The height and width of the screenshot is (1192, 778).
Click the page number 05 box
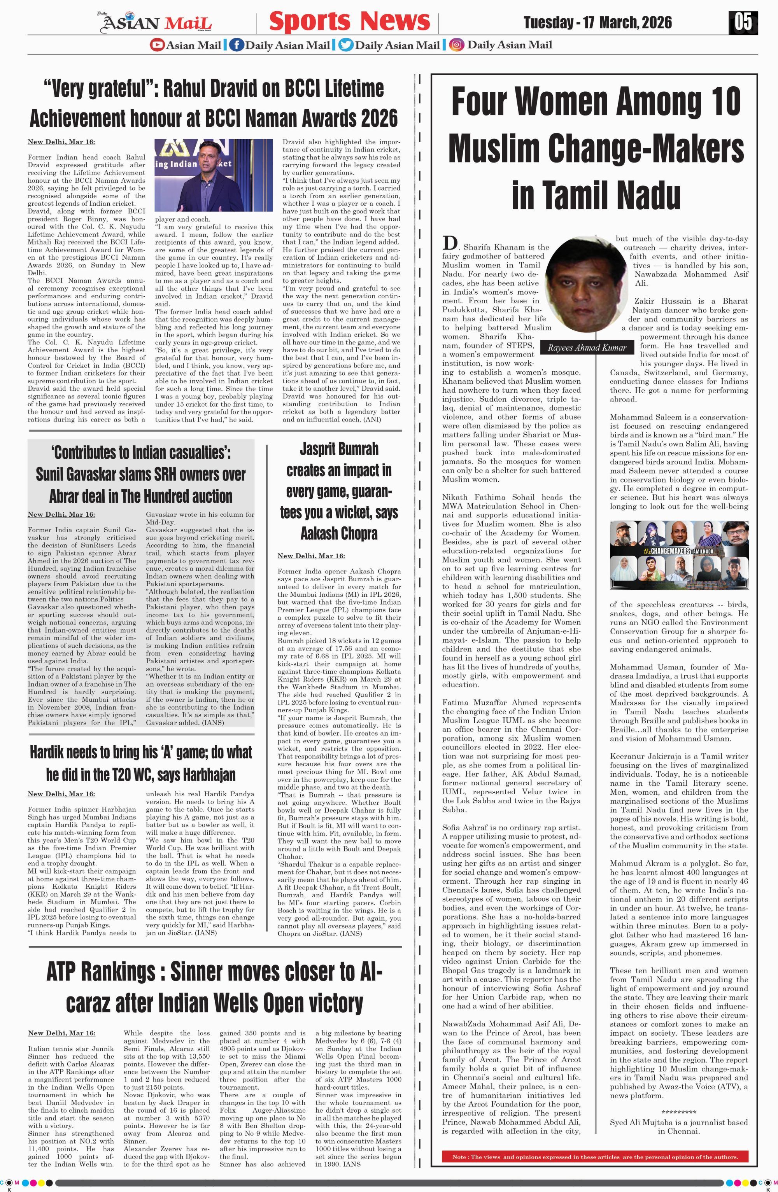pyautogui.click(x=743, y=23)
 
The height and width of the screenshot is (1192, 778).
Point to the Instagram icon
pyautogui.click(x=456, y=45)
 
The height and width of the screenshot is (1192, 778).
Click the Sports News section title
pyautogui.click(x=349, y=21)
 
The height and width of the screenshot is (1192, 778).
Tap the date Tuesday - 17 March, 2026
pyautogui.click(x=597, y=23)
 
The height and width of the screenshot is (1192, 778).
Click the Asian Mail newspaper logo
pyautogui.click(x=157, y=23)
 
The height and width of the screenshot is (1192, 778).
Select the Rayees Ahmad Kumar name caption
pyautogui.click(x=587, y=348)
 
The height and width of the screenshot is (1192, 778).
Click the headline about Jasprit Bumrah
pyautogui.click(x=339, y=491)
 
